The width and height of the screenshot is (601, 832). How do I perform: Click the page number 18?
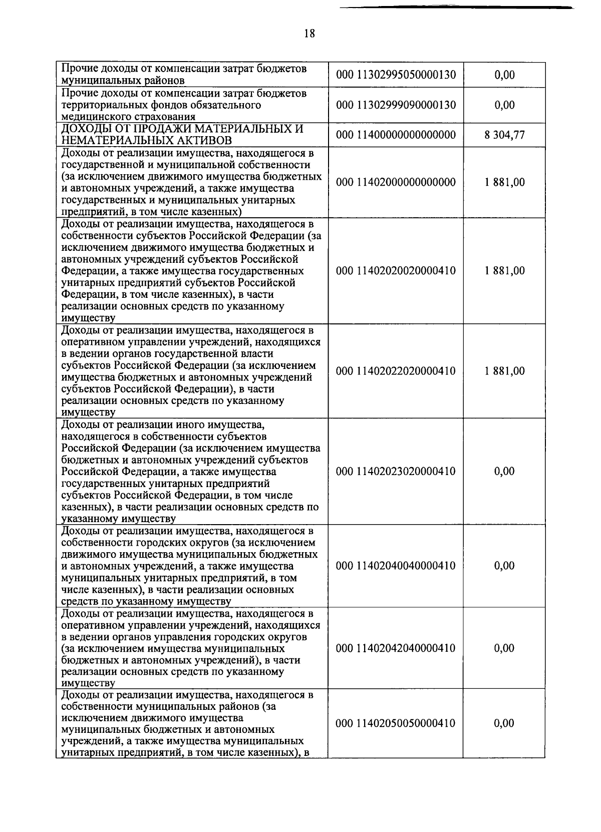click(x=310, y=34)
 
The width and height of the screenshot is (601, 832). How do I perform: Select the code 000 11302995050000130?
click(x=396, y=75)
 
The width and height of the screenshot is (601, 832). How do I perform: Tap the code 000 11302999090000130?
click(x=396, y=105)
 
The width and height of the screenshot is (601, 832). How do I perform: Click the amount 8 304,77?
click(x=504, y=135)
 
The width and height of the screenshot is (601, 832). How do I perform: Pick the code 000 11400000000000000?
click(x=396, y=135)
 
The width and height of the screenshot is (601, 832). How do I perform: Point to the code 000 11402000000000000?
click(x=396, y=182)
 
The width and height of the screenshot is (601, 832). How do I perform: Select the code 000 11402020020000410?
click(x=396, y=271)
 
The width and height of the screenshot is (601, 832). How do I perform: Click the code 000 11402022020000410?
click(x=396, y=371)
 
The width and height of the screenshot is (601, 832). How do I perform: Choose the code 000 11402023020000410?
click(x=396, y=471)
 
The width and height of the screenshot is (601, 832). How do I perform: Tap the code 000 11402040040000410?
click(x=396, y=566)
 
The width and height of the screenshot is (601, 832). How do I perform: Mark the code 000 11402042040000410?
click(x=396, y=648)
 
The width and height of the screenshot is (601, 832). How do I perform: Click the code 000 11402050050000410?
click(x=396, y=723)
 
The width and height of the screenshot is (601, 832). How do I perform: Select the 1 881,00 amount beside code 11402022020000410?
click(x=504, y=371)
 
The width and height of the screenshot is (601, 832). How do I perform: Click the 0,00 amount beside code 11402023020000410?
click(x=504, y=471)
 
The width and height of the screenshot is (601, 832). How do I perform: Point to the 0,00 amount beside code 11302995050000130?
click(x=504, y=75)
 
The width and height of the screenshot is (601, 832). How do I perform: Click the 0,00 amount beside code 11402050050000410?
click(x=504, y=723)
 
